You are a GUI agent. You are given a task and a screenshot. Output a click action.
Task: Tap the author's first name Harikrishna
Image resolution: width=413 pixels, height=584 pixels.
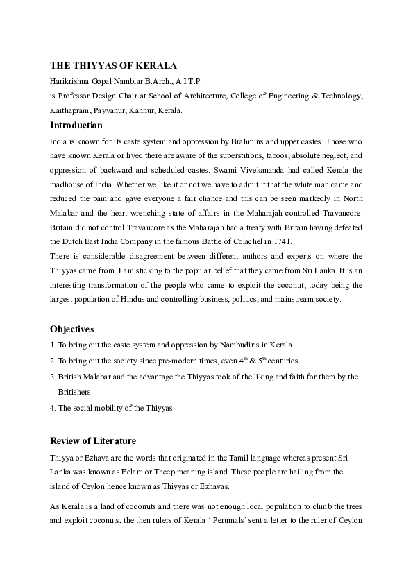click(x=69, y=81)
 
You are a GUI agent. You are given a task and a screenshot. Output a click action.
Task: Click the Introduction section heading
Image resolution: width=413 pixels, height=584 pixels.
click(x=76, y=126)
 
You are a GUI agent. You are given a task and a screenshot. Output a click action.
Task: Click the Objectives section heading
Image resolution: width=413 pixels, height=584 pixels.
click(x=72, y=328)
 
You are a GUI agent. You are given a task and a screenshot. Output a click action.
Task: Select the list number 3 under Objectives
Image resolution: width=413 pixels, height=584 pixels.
click(x=52, y=377)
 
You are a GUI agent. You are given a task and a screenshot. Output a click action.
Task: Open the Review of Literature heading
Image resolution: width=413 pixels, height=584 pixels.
click(x=93, y=440)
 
